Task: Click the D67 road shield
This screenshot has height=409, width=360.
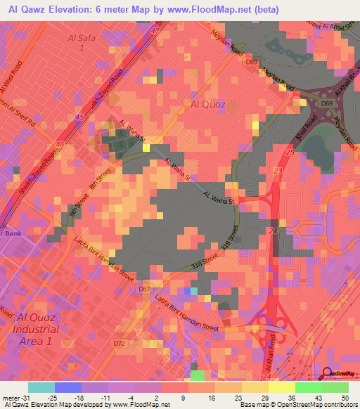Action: (145, 289)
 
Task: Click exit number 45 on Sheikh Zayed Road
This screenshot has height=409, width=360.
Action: (79, 117)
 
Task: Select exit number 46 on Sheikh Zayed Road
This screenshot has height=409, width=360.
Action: (60, 145)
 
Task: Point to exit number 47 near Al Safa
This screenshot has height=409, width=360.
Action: (154, 32)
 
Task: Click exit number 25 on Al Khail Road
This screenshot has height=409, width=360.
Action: (289, 152)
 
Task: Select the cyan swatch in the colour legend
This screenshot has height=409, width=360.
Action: (41, 387)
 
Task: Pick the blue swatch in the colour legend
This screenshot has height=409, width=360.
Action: (68, 387)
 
